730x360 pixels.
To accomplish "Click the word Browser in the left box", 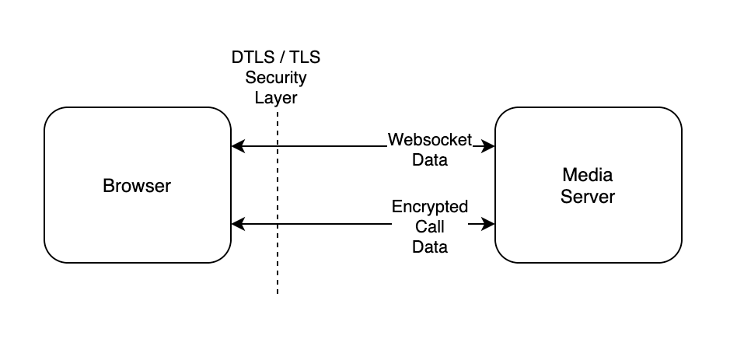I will pyautogui.click(x=137, y=186).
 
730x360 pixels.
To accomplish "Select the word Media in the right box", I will pyautogui.click(x=588, y=175).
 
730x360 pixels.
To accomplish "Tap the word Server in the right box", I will pyautogui.click(x=588, y=197).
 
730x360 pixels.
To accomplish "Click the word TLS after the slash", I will pyautogui.click(x=305, y=58).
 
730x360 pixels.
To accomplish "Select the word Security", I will pyautogui.click(x=276, y=78).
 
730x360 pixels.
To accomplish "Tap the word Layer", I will pyautogui.click(x=276, y=98).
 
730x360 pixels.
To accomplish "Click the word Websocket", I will pyautogui.click(x=429, y=140).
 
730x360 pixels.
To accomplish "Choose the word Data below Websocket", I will pyautogui.click(x=429, y=160).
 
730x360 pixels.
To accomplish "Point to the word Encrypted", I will pyautogui.click(x=430, y=207).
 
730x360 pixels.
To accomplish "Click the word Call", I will pyautogui.click(x=430, y=227).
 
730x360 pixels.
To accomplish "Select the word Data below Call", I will pyautogui.click(x=430, y=247).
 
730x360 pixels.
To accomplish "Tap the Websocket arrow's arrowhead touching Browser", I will pyautogui.click(x=237, y=145).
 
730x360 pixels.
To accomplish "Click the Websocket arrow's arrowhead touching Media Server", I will pyautogui.click(x=490, y=145).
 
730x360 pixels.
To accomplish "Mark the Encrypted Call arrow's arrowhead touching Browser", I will pyautogui.click(x=237, y=225).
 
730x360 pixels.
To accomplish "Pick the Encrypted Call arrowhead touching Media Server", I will pyautogui.click(x=490, y=225).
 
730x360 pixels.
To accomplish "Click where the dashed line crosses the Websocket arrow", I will pyautogui.click(x=277, y=145).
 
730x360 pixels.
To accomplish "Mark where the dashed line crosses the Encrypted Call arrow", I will pyautogui.click(x=277, y=225).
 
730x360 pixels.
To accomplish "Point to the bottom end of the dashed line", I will pyautogui.click(x=277, y=293).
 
